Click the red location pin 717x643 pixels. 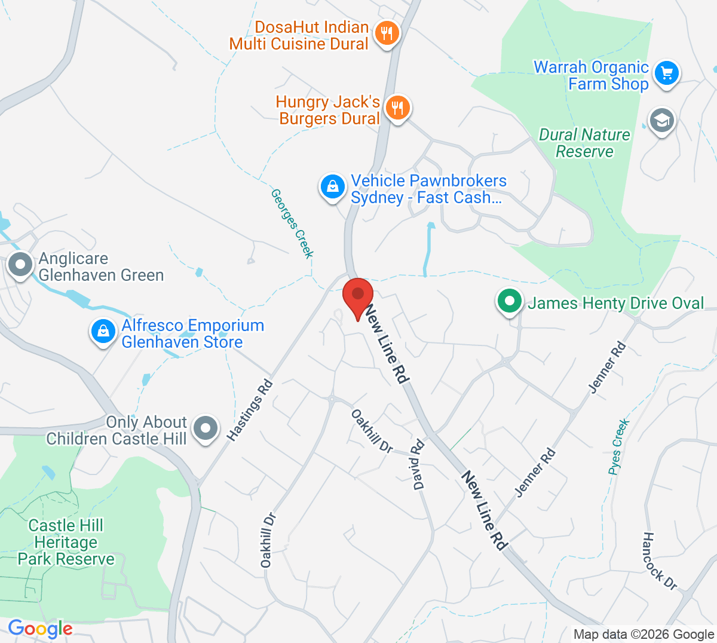tap(358, 295)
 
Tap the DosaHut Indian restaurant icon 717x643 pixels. tap(387, 33)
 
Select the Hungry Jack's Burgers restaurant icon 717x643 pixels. tap(397, 108)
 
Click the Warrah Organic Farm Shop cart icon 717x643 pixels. tap(666, 74)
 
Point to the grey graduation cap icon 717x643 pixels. tap(661, 121)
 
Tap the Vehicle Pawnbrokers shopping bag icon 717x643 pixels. tap(332, 187)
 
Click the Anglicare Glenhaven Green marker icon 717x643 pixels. tap(21, 264)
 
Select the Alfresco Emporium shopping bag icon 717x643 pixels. tap(103, 332)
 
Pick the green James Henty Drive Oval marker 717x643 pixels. tap(509, 301)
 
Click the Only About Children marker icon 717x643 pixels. tap(206, 428)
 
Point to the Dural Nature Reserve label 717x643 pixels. tap(584, 143)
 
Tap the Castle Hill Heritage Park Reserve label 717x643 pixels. tap(66, 542)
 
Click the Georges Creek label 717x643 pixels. tap(292, 223)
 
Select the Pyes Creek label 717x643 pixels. tap(619, 447)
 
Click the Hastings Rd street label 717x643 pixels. tap(250, 411)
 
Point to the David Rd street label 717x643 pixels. tap(418, 464)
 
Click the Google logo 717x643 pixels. tap(40, 629)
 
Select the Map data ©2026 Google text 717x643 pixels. tap(644, 634)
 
